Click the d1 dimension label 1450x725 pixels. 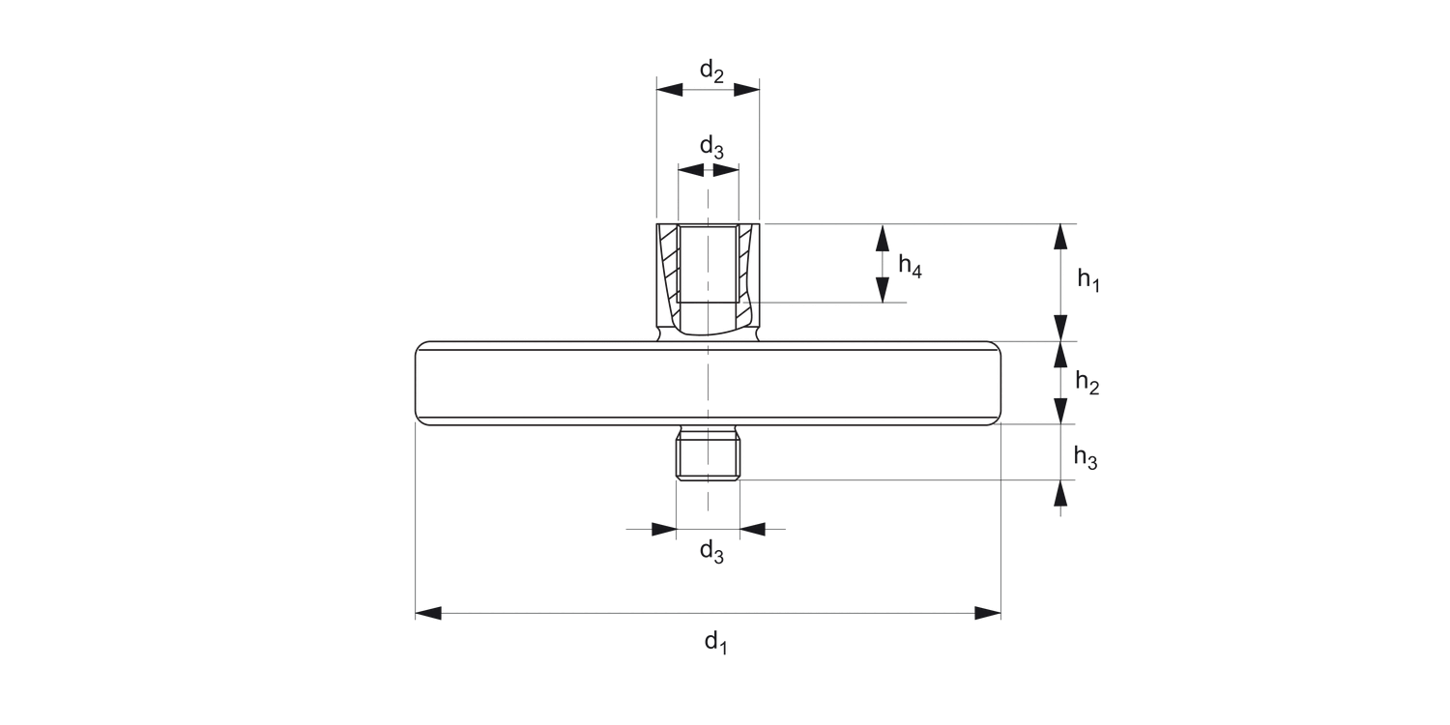(x=714, y=642)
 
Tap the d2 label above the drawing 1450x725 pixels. (x=711, y=72)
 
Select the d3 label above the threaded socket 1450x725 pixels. (x=711, y=148)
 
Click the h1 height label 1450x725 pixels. (x=1088, y=280)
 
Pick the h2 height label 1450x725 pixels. (x=1087, y=384)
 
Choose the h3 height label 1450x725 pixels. (x=1086, y=456)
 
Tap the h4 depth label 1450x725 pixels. (x=910, y=266)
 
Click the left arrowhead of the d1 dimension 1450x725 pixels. (x=428, y=613)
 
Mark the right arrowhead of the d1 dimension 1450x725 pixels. (x=988, y=613)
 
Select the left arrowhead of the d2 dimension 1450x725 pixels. (x=669, y=90)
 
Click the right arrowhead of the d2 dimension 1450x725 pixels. (x=747, y=90)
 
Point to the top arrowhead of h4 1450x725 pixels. (x=882, y=236)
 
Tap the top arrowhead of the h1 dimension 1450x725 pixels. (x=1061, y=236)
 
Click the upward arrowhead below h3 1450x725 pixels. (x=1061, y=492)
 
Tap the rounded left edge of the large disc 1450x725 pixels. (x=419, y=383)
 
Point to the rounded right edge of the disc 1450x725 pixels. (x=998, y=383)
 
